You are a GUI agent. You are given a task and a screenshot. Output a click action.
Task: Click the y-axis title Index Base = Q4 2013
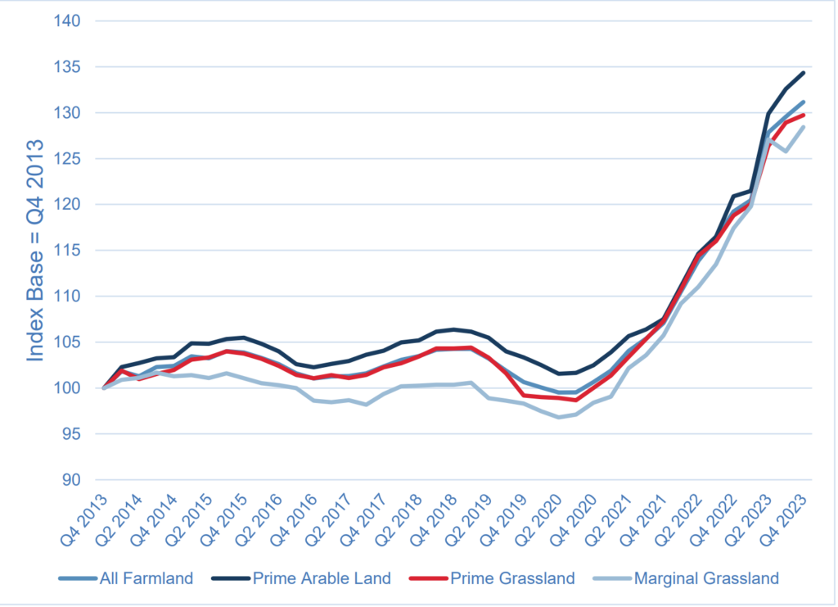click(36, 251)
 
